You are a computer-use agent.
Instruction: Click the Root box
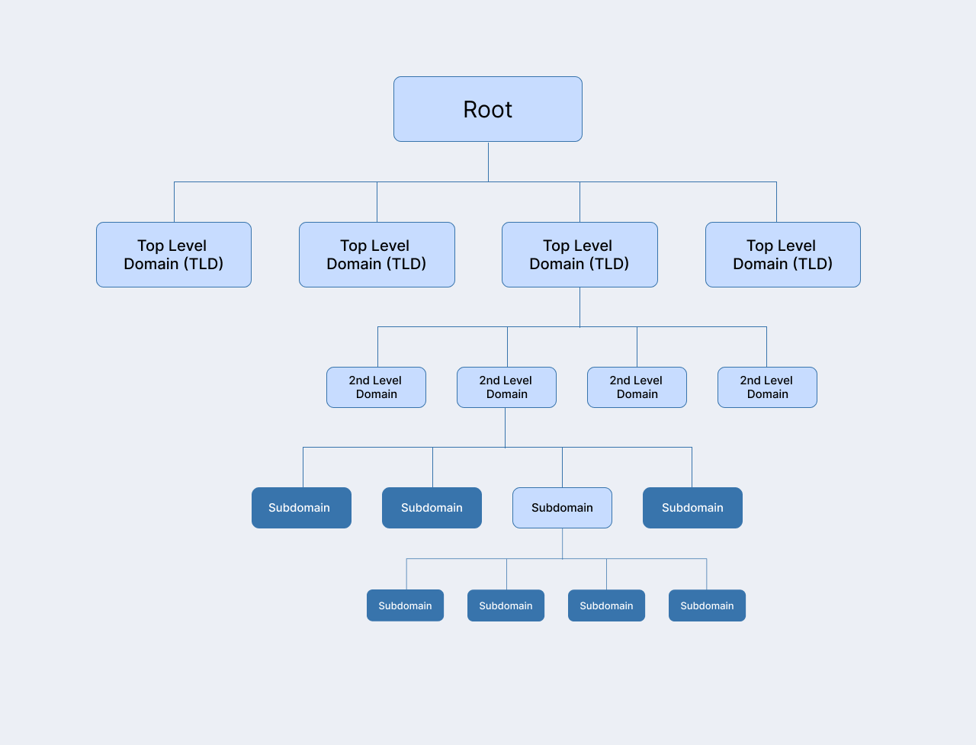coord(488,109)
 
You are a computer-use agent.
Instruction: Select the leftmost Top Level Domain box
coord(174,255)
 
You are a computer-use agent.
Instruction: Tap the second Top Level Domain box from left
coord(377,255)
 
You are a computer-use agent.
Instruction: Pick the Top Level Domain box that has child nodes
coord(579,255)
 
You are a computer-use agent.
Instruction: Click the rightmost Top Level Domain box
coord(783,255)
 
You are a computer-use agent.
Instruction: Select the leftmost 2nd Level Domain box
coord(376,387)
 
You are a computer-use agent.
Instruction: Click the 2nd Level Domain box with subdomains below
coord(506,387)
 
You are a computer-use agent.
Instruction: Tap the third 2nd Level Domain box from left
coord(637,387)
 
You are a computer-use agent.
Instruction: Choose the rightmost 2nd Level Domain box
coord(767,387)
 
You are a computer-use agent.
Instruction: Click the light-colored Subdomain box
coord(562,508)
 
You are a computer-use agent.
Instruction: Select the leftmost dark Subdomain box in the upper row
coord(301,508)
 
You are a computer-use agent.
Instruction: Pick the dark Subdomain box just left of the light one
coord(432,508)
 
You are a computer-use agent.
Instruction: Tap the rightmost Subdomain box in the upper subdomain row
coord(692,508)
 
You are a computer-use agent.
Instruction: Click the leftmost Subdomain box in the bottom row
coord(405,605)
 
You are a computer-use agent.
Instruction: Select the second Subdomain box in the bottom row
coord(506,605)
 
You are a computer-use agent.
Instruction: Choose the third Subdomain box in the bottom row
coord(606,605)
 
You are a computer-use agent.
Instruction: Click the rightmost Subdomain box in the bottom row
coord(707,605)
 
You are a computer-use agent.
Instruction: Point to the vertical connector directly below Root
coord(488,161)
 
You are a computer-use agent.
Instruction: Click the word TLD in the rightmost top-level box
coord(812,264)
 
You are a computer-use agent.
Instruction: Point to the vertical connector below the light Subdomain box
coord(563,543)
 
